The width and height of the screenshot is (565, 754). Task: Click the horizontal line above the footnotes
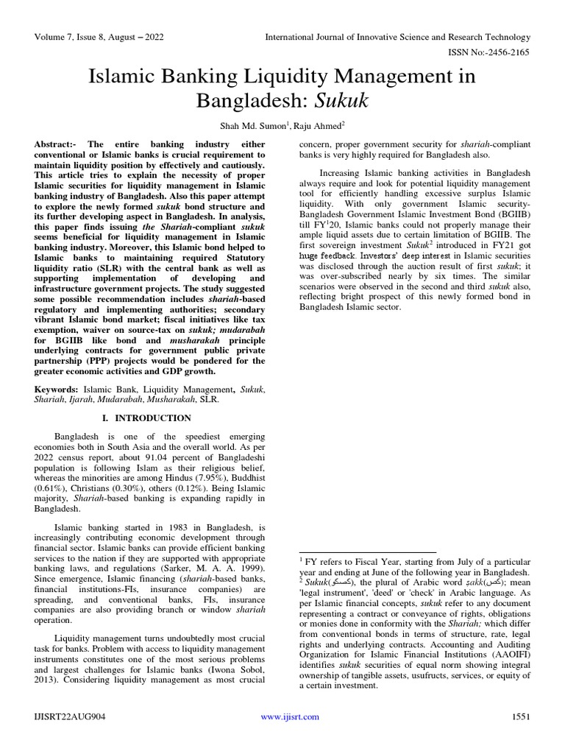pos(367,552)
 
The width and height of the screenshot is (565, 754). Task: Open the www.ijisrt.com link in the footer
pos(291,716)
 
